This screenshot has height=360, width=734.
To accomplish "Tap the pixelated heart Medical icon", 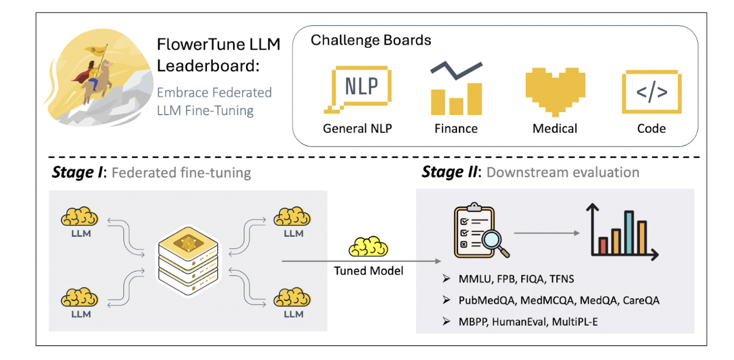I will coord(555,91).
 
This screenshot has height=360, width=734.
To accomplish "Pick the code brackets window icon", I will coord(652,91).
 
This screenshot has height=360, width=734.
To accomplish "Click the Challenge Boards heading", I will coord(371,40).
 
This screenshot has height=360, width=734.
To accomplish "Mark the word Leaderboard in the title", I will coord(207,65).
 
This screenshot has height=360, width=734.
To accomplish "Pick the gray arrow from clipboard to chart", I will coord(547,232).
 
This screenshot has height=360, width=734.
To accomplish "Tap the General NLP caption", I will coord(358,128).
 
